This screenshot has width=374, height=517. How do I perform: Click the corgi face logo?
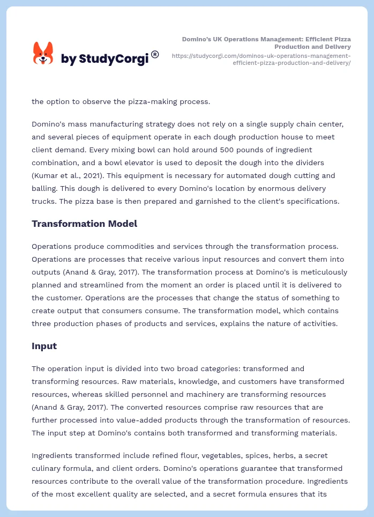point(43,53)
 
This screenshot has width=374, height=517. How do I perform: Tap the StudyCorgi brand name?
point(104,59)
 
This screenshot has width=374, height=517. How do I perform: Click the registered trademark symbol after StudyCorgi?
point(155,54)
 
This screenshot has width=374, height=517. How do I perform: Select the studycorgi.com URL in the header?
point(261,59)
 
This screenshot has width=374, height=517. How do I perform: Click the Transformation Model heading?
point(84,224)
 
